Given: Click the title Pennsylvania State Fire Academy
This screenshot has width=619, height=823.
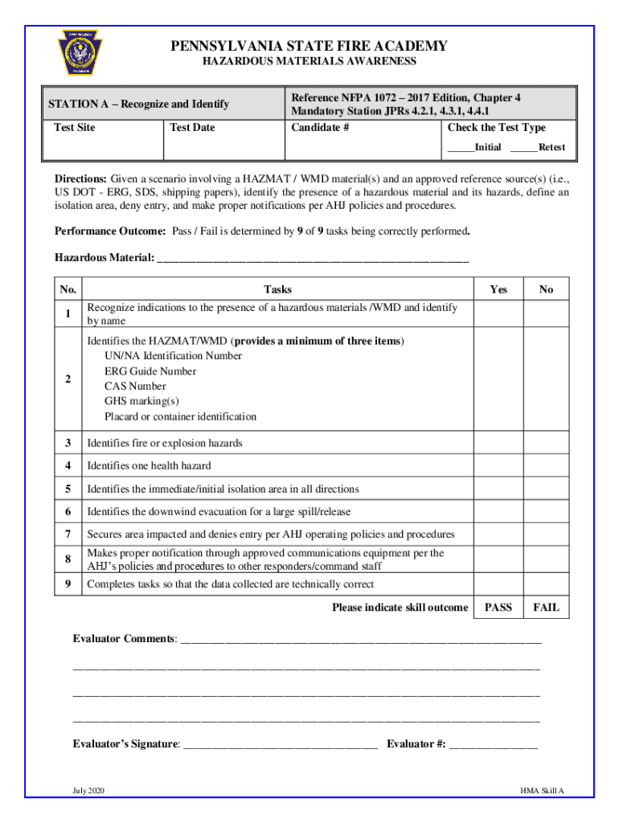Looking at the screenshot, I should (x=309, y=46).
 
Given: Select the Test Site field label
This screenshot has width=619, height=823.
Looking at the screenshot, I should (x=74, y=128).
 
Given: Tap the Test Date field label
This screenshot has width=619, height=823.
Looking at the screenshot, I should (x=193, y=128).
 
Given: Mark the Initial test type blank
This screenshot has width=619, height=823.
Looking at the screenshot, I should (x=461, y=148).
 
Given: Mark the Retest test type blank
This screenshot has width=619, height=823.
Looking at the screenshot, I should (x=523, y=148).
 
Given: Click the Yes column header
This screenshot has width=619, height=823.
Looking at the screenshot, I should (x=498, y=289).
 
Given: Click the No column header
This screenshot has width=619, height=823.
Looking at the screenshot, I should (x=547, y=289).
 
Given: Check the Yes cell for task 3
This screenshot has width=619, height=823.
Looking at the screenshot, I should (x=498, y=443).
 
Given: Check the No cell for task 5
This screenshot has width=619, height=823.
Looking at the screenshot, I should (x=547, y=489).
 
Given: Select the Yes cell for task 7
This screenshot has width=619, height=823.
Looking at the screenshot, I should (x=498, y=534).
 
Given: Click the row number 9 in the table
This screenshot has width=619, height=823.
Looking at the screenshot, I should (x=68, y=584).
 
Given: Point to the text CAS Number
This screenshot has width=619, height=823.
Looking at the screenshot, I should (x=135, y=387).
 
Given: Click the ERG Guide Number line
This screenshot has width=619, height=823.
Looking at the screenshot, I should (x=150, y=371).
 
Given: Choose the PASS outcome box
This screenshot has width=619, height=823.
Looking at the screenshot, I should (x=498, y=608).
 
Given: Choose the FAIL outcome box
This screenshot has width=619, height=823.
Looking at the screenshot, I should (x=547, y=608).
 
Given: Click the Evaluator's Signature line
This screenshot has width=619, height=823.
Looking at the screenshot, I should (x=280, y=745).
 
